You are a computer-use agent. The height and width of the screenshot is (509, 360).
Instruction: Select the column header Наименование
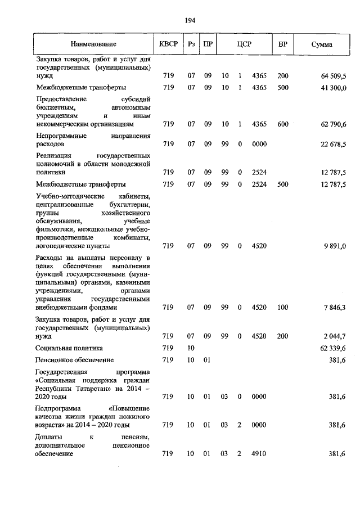[93, 44]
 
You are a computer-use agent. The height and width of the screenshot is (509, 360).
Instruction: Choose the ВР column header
[283, 44]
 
